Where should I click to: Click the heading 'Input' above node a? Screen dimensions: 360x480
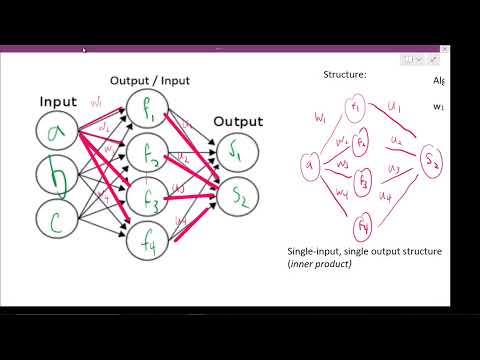pos(58,101)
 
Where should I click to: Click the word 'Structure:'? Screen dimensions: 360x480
pos(344,74)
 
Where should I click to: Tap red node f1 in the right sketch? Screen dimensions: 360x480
pos(358,107)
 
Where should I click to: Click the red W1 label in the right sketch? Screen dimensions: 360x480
pos(320,119)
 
